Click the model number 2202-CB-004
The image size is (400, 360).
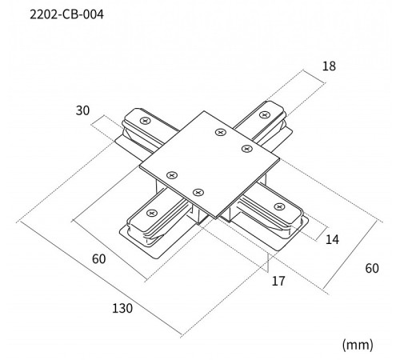click(66, 14)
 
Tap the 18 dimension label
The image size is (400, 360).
click(329, 66)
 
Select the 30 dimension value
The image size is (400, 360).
click(82, 110)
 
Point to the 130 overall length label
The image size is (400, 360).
click(122, 308)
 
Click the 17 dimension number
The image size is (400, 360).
click(278, 281)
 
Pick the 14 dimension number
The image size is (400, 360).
click(332, 239)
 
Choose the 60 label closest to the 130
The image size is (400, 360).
click(98, 259)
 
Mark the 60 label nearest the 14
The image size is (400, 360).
click(372, 268)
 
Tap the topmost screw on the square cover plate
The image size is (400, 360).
click(221, 132)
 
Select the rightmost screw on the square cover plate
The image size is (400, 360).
click(247, 149)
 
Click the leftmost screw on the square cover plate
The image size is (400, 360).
click(172, 175)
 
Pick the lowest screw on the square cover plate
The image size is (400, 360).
click(198, 192)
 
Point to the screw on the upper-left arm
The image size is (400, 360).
click(146, 121)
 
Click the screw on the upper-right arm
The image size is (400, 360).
click(265, 115)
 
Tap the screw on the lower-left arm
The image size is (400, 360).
click(152, 213)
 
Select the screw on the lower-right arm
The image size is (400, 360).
click(279, 206)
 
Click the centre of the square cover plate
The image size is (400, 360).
click(210, 165)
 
